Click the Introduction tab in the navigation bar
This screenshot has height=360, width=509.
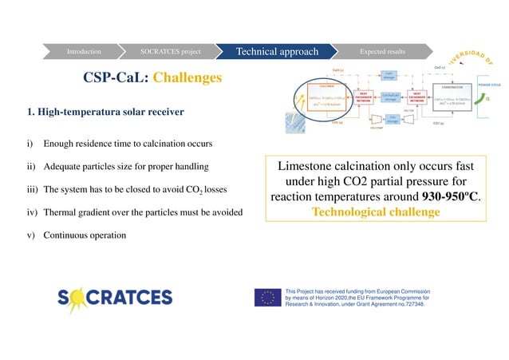84,52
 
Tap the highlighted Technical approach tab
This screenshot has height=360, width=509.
276,52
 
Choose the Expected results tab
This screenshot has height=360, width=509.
382,52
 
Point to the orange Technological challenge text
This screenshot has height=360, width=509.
376,212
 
